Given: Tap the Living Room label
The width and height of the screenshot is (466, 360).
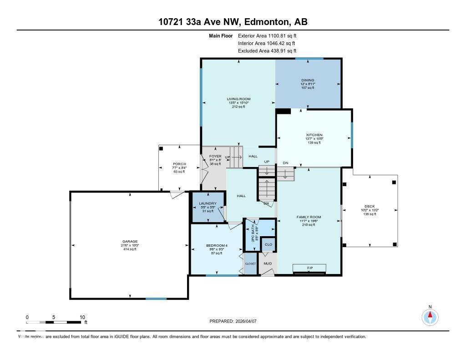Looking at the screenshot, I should pos(238,99).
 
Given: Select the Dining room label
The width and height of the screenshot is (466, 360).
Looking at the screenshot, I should pos(307,80).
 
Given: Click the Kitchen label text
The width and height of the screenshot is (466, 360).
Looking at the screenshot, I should pos(314,135).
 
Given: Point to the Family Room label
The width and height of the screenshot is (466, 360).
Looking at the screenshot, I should pos(309,217).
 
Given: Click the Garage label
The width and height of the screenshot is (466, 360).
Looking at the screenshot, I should pos(129,242).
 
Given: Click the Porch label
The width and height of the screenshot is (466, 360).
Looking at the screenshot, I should pos(179,164).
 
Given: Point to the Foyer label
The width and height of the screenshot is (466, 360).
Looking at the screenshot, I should pos(215,157).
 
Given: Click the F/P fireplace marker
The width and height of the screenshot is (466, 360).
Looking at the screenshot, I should pos(310,267).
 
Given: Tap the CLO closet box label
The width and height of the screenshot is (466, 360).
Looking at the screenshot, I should pos(268,244).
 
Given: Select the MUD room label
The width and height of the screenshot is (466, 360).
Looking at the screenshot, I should pos(268,264).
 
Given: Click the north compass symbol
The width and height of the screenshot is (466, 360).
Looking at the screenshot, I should pos(430,316).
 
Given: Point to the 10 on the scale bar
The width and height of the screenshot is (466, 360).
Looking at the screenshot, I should pos(82,317).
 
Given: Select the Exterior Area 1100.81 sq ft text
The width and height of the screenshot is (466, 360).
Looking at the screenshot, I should pos(267,35).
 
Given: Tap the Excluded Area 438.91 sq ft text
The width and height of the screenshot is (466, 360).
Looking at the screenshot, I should pos(267,51).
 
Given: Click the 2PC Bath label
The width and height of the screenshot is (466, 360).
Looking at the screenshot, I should pos(250,234).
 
